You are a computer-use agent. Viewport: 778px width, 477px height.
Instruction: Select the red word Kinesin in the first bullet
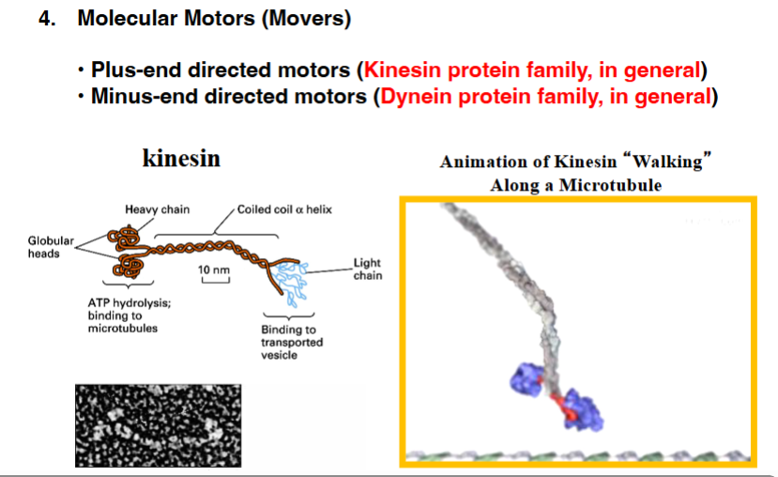tap(399, 70)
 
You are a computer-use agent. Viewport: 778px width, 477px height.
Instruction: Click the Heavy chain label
tap(157, 208)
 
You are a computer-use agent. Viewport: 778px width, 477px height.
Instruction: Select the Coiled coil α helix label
tap(284, 208)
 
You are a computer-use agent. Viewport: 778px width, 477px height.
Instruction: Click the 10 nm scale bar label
tap(214, 270)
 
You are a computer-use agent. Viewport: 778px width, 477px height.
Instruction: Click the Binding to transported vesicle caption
tap(292, 342)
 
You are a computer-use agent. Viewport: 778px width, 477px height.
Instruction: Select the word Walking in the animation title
tap(673, 162)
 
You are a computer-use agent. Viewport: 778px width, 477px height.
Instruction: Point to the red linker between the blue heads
tap(557, 404)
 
